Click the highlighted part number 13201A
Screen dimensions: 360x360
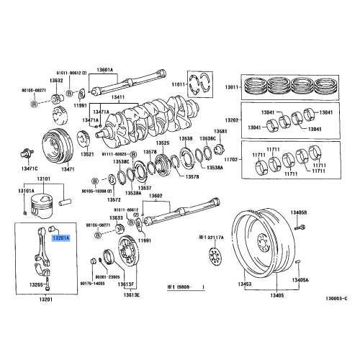(x=60, y=235)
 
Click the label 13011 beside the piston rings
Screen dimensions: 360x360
(x=232, y=86)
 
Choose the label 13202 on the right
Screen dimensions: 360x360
(x=231, y=120)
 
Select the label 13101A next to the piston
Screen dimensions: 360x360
(x=27, y=191)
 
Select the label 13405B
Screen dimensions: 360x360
(x=299, y=213)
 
